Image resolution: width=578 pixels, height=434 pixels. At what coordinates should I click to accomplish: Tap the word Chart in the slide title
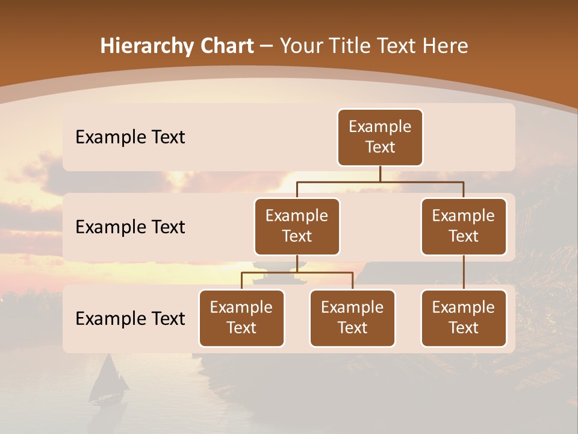tap(225, 46)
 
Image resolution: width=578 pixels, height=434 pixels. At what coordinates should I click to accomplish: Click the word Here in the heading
tap(446, 46)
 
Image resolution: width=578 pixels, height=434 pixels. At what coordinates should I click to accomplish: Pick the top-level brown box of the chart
tap(380, 137)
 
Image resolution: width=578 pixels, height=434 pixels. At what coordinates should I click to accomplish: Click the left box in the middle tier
tap(297, 226)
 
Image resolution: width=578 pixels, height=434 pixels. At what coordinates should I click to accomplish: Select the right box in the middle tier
tap(464, 226)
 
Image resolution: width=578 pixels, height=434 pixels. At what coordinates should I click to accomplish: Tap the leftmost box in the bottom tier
tap(241, 318)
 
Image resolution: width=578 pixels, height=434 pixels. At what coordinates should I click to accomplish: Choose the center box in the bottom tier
tap(352, 318)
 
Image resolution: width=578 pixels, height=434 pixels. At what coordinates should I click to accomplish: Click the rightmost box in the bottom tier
tap(464, 318)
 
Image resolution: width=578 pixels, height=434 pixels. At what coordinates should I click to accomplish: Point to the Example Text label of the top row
tap(130, 137)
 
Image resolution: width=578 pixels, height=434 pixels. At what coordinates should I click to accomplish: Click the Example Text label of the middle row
tap(130, 227)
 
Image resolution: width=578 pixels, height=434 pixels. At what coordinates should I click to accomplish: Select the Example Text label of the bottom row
tap(130, 319)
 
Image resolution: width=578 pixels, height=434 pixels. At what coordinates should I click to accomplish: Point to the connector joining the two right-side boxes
tap(464, 272)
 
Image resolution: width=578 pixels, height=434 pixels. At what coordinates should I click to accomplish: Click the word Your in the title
tap(300, 46)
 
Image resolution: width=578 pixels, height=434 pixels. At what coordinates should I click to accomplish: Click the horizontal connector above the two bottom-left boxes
tap(297, 272)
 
